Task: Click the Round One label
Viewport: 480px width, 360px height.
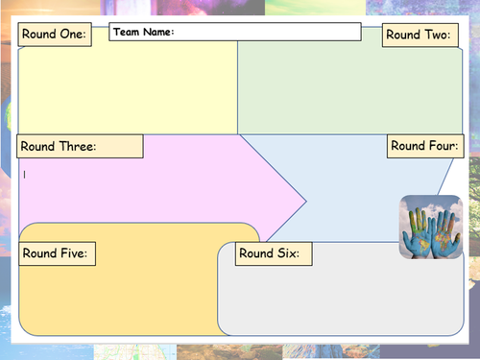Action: coord(55,35)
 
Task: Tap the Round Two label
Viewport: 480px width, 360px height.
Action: coord(420,35)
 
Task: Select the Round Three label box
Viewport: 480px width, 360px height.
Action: coord(80,146)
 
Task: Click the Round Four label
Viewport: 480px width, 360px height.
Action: coord(425,146)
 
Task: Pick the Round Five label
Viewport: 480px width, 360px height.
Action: coord(58,253)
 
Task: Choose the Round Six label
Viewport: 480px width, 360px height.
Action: coord(274,253)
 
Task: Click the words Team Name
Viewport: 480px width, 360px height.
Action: coord(144,32)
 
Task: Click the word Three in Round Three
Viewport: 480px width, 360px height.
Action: coord(78,146)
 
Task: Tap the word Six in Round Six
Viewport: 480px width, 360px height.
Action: coord(288,253)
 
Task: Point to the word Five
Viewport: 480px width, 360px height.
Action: coord(74,253)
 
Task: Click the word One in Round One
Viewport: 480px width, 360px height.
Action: coord(73,34)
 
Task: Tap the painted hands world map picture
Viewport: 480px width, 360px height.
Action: coord(431,227)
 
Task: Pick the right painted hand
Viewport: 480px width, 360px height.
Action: coord(444,233)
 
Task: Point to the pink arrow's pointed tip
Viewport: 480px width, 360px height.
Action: coord(306,202)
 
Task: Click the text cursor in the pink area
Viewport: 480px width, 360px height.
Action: coord(25,175)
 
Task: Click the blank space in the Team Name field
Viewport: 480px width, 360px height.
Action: coord(267,32)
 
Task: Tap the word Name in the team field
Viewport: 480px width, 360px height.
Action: coord(158,32)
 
